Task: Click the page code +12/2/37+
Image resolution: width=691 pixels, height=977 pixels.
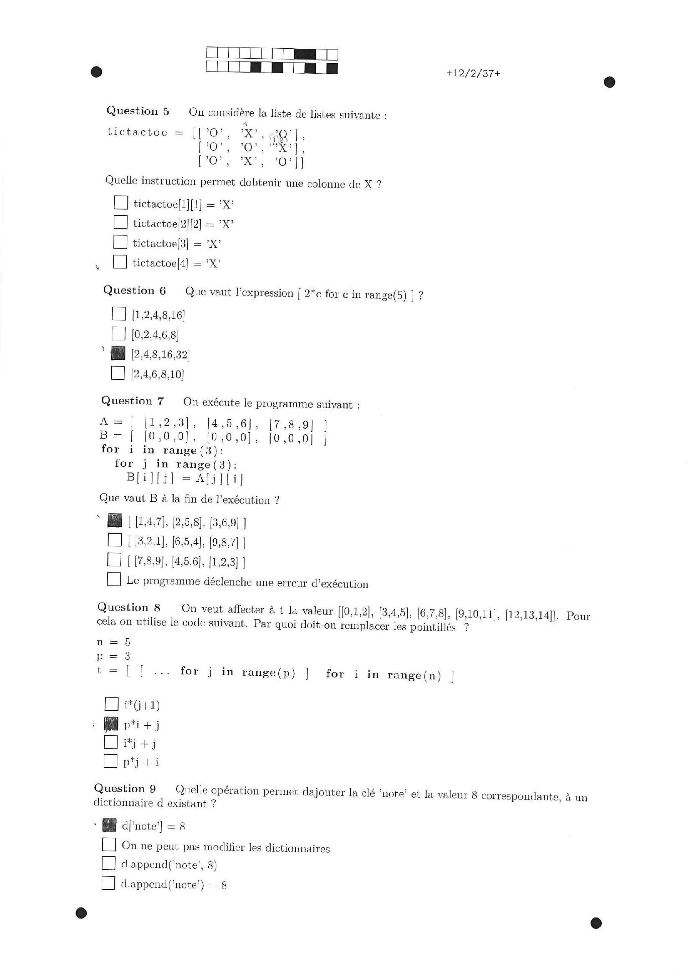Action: (473, 73)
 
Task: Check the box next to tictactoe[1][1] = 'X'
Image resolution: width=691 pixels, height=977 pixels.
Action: (121, 203)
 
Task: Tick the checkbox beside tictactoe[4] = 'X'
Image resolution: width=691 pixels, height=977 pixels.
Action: (120, 262)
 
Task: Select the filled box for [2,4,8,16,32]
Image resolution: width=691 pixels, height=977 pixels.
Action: (118, 353)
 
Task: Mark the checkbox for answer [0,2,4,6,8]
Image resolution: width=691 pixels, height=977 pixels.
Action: (118, 334)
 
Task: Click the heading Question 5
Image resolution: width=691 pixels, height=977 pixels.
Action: (137, 111)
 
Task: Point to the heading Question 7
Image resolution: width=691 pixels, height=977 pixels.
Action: (132, 401)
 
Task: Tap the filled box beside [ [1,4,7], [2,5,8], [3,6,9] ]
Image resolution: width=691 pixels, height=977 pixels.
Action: (115, 520)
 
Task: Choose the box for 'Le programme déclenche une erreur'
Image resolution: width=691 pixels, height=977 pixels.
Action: (114, 579)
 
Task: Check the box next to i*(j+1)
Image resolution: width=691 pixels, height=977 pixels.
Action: (112, 704)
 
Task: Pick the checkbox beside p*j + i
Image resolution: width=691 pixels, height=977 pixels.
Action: (110, 761)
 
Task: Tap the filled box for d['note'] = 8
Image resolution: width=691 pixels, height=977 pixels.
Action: (109, 825)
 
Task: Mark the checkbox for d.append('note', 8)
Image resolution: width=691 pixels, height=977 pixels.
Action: (109, 863)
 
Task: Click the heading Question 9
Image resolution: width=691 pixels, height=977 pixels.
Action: (125, 788)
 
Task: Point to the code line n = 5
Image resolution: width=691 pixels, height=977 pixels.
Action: (113, 642)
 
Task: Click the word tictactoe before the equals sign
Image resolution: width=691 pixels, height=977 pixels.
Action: (137, 132)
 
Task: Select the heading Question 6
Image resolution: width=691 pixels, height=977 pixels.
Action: (134, 291)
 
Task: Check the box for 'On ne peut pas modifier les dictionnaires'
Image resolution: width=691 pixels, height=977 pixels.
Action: (109, 844)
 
